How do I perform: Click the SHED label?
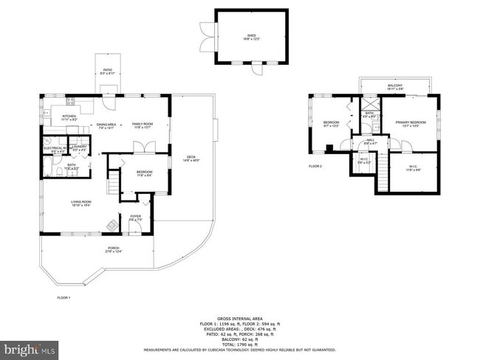tap(252, 37)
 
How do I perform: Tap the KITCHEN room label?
tap(69, 117)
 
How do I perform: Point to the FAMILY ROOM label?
tap(142, 125)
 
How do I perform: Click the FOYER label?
tap(136, 218)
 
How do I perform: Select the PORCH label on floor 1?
tap(114, 250)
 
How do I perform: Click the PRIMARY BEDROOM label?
tap(411, 124)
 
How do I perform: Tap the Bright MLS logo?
tap(30, 347)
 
